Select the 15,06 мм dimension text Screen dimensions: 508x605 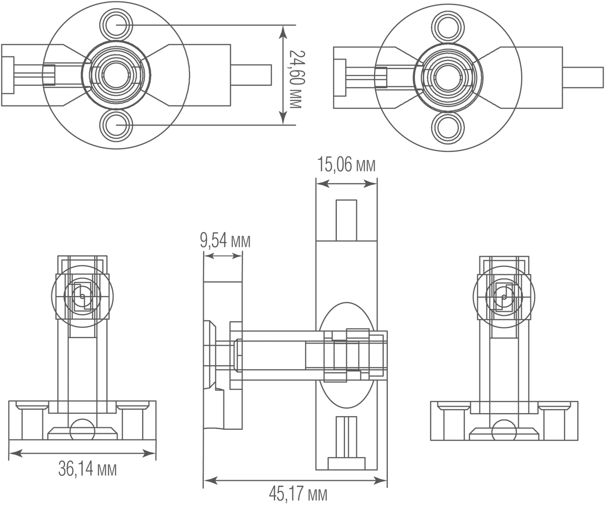(346, 165)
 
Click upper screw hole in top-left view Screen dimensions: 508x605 (116, 24)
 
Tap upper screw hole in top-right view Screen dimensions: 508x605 (448, 25)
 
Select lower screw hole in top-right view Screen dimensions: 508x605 (448, 127)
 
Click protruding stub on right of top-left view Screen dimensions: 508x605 (251, 75)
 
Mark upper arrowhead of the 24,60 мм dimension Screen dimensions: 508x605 (283, 30)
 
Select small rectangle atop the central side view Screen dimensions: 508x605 (346, 220)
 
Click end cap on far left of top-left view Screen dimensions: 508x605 (8, 75)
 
